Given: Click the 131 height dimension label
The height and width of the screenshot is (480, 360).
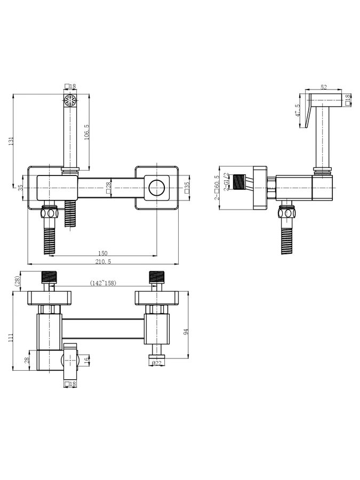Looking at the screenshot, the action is click(x=11, y=141).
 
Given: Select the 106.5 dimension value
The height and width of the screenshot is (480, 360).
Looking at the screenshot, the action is click(x=86, y=132).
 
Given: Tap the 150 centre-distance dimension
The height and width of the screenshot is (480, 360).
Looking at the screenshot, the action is click(x=103, y=253).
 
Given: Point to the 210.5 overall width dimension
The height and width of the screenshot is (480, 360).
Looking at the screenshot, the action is click(x=103, y=261).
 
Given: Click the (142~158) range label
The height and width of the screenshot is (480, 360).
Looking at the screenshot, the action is click(x=103, y=283).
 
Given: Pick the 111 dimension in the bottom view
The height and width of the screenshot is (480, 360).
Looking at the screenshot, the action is click(x=11, y=338).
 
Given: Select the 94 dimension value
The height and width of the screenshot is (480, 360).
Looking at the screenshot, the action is click(x=187, y=332).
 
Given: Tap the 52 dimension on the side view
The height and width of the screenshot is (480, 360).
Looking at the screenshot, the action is click(x=324, y=87).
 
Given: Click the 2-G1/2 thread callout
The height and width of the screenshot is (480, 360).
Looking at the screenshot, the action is click(x=227, y=182).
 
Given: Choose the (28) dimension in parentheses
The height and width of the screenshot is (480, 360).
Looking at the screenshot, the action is click(x=18, y=280).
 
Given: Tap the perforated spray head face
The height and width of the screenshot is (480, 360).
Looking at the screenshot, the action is click(x=70, y=100).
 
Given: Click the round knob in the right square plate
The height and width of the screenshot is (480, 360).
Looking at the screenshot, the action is click(x=157, y=188).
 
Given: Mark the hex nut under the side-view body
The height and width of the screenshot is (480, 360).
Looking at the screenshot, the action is click(x=287, y=212).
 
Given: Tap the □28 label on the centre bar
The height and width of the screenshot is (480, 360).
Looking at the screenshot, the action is click(x=108, y=187).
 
